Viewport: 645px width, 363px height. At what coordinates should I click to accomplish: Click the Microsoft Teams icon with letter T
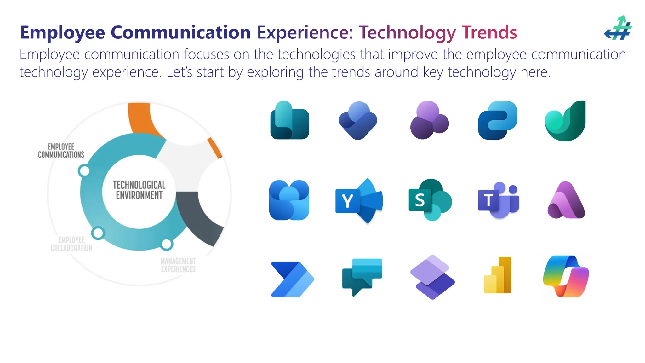click(498, 200)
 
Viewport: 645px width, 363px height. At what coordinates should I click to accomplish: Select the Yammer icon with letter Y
click(359, 201)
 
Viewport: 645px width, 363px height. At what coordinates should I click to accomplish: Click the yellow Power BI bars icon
click(498, 275)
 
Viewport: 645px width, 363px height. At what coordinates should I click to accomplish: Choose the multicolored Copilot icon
click(566, 276)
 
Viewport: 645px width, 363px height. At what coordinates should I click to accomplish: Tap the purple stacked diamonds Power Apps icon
click(432, 277)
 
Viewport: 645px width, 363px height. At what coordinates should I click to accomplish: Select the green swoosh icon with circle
click(565, 121)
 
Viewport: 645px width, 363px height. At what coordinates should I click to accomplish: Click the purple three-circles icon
click(429, 120)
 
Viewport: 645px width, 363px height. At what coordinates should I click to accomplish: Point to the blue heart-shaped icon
click(358, 121)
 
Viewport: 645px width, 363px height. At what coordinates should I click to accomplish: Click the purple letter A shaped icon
click(566, 201)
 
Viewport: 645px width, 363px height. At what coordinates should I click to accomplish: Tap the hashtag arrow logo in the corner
click(618, 28)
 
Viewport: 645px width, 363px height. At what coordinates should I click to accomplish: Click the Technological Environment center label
click(139, 190)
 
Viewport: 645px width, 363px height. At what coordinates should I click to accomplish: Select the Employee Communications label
click(61, 151)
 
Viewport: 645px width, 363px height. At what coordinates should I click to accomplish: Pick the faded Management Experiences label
click(178, 265)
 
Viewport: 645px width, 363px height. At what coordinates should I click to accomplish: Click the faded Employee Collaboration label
click(71, 244)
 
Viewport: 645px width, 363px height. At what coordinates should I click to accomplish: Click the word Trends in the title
click(489, 32)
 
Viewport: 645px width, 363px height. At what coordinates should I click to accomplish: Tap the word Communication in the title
click(180, 32)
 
